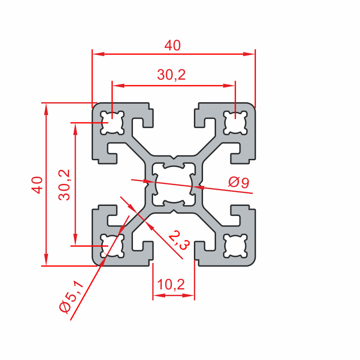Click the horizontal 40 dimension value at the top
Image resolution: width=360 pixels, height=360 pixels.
pos(172,46)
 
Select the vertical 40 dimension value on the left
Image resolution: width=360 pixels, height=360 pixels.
pos(37,184)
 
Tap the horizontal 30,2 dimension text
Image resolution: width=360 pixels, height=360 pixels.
pos(171,75)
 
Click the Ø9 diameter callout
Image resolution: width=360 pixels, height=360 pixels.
pos(239,182)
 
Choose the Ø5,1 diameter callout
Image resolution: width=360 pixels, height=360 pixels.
pos(71,298)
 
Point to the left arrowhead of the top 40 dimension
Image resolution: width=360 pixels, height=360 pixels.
pos(96,54)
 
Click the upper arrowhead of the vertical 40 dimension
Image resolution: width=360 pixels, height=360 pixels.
pos(46,107)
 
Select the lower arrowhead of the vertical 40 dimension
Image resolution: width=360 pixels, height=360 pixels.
pos(46,262)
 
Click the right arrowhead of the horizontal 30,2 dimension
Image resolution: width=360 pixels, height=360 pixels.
pos(232,86)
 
